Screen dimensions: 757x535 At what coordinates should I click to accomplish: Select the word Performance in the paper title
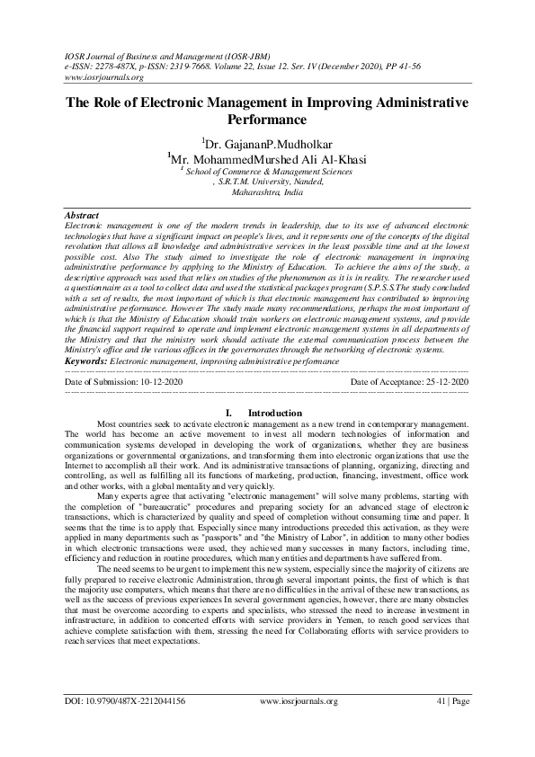[267, 119]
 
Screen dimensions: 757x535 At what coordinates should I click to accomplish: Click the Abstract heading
[83, 217]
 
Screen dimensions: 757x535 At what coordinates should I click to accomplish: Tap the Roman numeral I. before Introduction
[234, 413]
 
